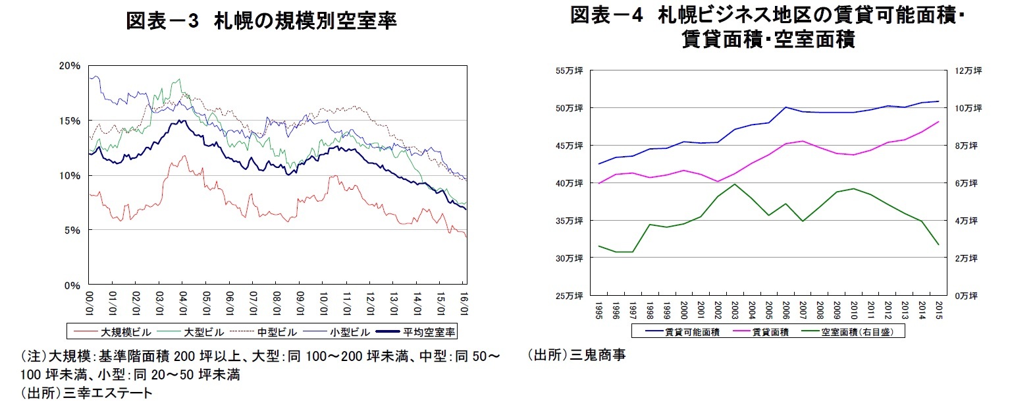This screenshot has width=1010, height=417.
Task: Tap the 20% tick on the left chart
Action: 70,66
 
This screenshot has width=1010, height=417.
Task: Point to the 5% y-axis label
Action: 72,231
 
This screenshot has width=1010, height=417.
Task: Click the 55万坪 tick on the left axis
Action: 570,70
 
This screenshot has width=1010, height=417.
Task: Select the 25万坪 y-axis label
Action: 570,296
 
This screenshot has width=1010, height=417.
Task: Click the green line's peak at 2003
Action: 735,184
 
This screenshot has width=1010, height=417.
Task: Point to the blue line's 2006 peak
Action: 785,107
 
